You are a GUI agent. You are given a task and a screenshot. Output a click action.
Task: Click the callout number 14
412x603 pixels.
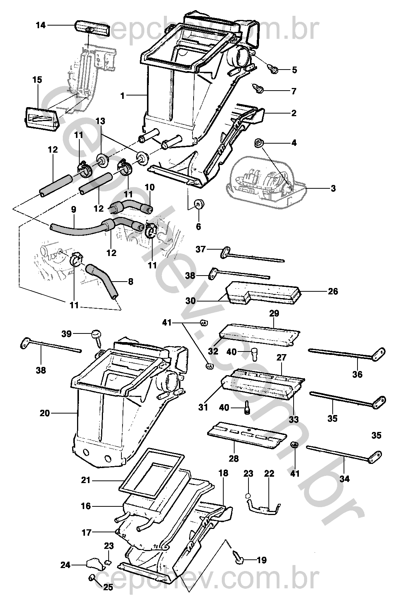41,25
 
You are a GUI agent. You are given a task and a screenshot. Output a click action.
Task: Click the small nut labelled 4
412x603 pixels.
258,142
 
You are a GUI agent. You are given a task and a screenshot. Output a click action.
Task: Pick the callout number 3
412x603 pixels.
333,188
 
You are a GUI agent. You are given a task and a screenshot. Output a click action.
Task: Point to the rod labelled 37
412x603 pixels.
252,255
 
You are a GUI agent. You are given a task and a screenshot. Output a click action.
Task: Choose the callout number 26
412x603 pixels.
333,291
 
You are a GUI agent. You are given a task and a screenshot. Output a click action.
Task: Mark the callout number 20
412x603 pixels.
44,413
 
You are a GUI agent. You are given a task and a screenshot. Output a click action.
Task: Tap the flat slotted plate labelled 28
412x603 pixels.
244,438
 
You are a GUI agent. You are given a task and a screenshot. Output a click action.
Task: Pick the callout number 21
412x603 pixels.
86,480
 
